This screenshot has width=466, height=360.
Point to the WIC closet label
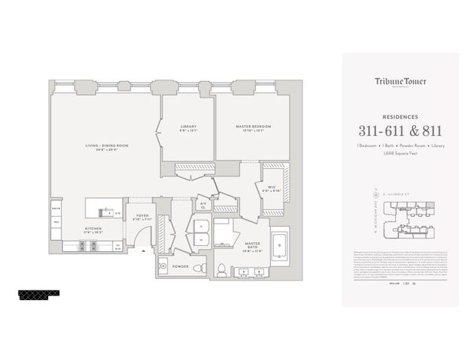270,188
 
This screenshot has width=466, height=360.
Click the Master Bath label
252,244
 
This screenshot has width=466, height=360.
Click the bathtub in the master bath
280,247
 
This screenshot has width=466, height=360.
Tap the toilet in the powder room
197,267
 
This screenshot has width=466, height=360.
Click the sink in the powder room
164,266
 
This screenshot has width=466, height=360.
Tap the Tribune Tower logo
400,82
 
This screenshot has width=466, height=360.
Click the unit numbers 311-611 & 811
400,130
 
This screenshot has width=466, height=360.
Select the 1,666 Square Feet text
400,152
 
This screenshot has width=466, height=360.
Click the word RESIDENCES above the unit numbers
400,116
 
